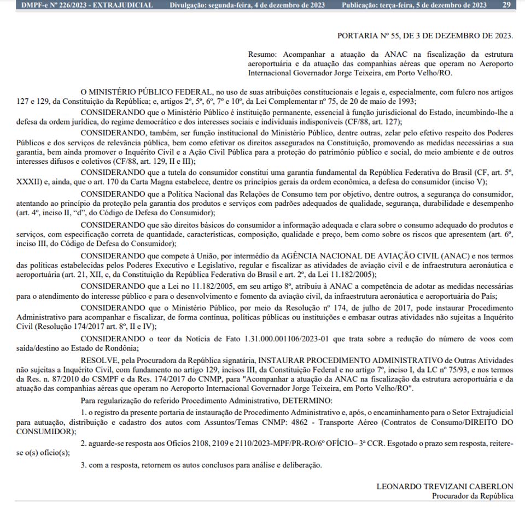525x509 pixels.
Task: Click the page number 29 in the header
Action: coord(507,5)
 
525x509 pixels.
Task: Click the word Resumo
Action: coord(262,55)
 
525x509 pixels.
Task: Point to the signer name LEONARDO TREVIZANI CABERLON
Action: coord(445,487)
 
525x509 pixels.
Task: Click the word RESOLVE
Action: coord(99,360)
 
